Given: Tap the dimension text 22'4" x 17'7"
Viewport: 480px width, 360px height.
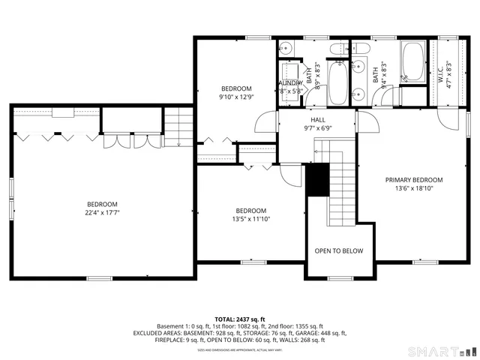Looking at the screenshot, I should point(102,213).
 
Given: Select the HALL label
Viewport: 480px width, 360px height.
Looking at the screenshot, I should point(318,120).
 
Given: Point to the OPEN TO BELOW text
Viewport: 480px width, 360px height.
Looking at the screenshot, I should point(338,251).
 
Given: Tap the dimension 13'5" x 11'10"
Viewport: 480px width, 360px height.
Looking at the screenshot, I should point(250,219).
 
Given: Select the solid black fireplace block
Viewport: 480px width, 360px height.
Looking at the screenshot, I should point(318,180).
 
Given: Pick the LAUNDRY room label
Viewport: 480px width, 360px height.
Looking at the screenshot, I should point(289,83).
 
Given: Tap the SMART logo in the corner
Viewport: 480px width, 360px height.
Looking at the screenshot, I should point(439,351).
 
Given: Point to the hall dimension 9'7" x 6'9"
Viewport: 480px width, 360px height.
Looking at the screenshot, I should point(318,128).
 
